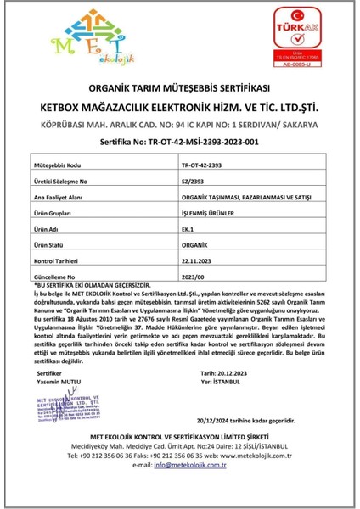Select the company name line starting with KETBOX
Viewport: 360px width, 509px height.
point(179,107)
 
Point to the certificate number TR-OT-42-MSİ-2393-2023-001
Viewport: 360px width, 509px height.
point(179,143)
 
